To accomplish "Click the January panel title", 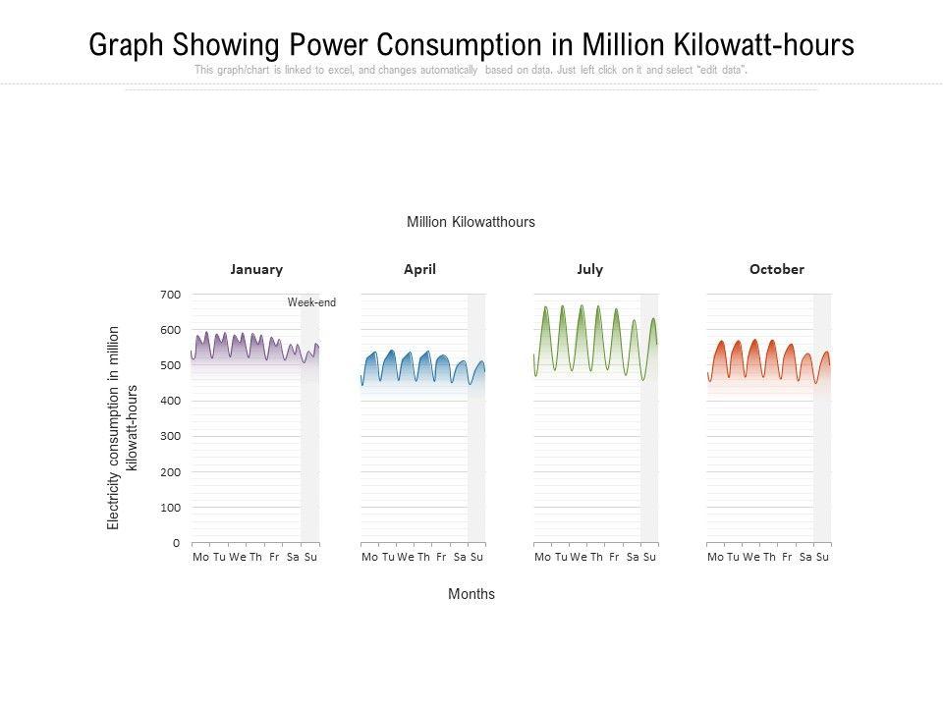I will [x=256, y=269].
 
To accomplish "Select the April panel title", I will [x=419, y=269].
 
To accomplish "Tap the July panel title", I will [x=590, y=269].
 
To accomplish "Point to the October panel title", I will [x=776, y=269].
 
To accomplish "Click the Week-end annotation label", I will [x=311, y=302].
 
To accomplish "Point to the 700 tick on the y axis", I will [x=170, y=295].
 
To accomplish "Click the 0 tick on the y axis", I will [x=176, y=543].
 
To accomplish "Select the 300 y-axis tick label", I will [x=170, y=436].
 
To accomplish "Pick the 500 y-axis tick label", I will [x=170, y=365].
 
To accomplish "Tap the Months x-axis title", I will [x=471, y=594].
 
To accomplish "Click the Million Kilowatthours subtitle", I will [x=471, y=222].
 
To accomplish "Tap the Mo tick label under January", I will [x=201, y=558].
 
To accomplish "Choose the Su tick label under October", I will [x=823, y=558].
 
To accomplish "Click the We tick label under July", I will [x=579, y=558].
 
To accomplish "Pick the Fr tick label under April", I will [x=441, y=558].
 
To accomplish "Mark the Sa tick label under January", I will [x=293, y=558].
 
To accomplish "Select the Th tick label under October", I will [x=770, y=558].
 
